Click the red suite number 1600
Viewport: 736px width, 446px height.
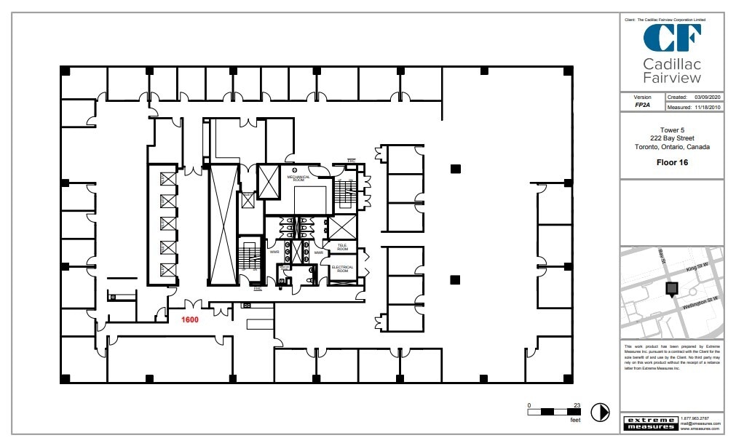[190, 319]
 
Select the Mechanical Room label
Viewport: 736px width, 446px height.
[298, 178]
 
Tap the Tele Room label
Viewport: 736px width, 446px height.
[341, 247]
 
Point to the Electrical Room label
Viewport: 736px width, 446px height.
[342, 268]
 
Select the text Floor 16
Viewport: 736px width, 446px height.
[672, 162]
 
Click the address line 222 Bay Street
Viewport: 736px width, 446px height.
[672, 138]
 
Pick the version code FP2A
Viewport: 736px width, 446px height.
[642, 105]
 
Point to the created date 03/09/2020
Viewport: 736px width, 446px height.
[707, 97]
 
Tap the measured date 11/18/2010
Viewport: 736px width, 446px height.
[707, 107]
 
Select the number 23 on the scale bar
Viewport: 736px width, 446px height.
[577, 405]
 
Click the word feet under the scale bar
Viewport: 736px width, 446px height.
[575, 421]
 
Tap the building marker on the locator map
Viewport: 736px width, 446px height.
[671, 289]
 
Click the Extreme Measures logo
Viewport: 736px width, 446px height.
[650, 422]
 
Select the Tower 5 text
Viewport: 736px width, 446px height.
[672, 130]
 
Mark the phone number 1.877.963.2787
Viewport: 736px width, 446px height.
[695, 418]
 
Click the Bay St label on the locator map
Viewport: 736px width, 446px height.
[662, 257]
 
